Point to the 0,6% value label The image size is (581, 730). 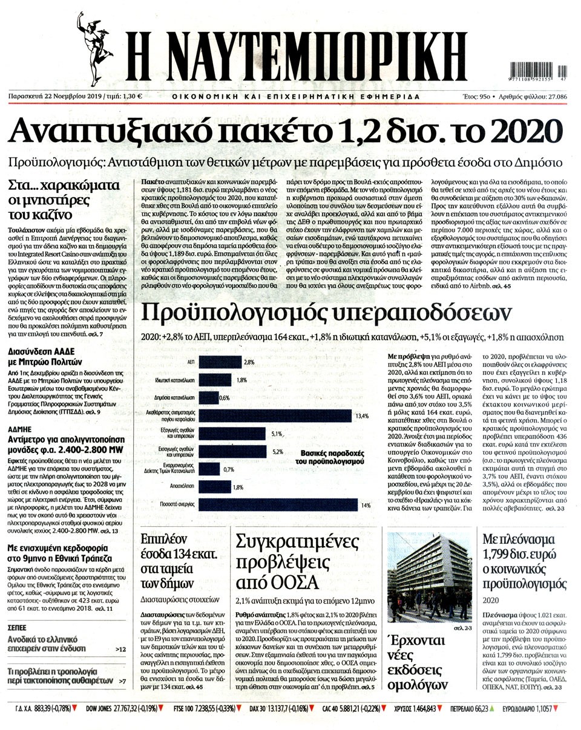225,398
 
